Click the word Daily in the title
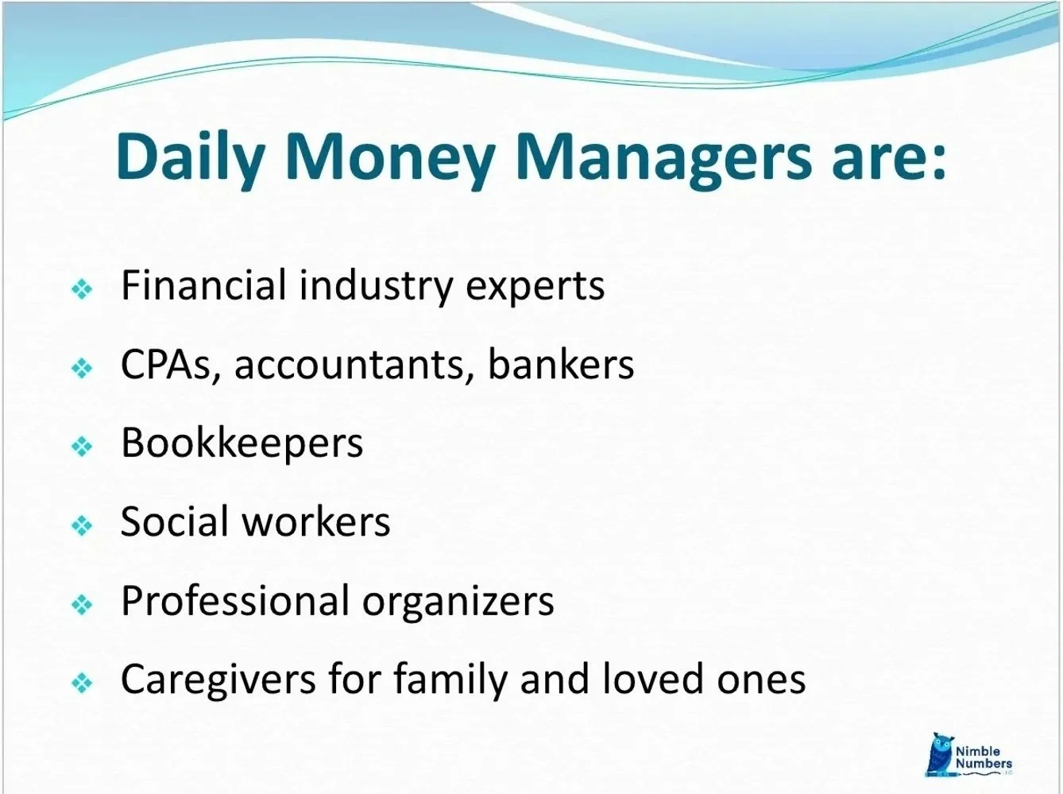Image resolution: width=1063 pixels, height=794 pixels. (x=190, y=157)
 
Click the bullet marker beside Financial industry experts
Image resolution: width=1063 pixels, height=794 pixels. (x=82, y=289)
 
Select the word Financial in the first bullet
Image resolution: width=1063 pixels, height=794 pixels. (x=203, y=285)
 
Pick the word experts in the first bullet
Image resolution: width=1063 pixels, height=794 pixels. (x=535, y=285)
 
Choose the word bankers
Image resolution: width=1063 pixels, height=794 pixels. (x=561, y=365)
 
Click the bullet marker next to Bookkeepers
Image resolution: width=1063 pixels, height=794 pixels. (x=82, y=447)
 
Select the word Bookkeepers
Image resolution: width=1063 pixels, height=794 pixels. (x=242, y=443)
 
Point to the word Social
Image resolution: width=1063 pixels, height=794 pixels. (x=175, y=522)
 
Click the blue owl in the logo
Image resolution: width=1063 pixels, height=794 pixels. (x=941, y=753)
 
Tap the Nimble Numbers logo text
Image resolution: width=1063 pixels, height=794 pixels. (x=984, y=757)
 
